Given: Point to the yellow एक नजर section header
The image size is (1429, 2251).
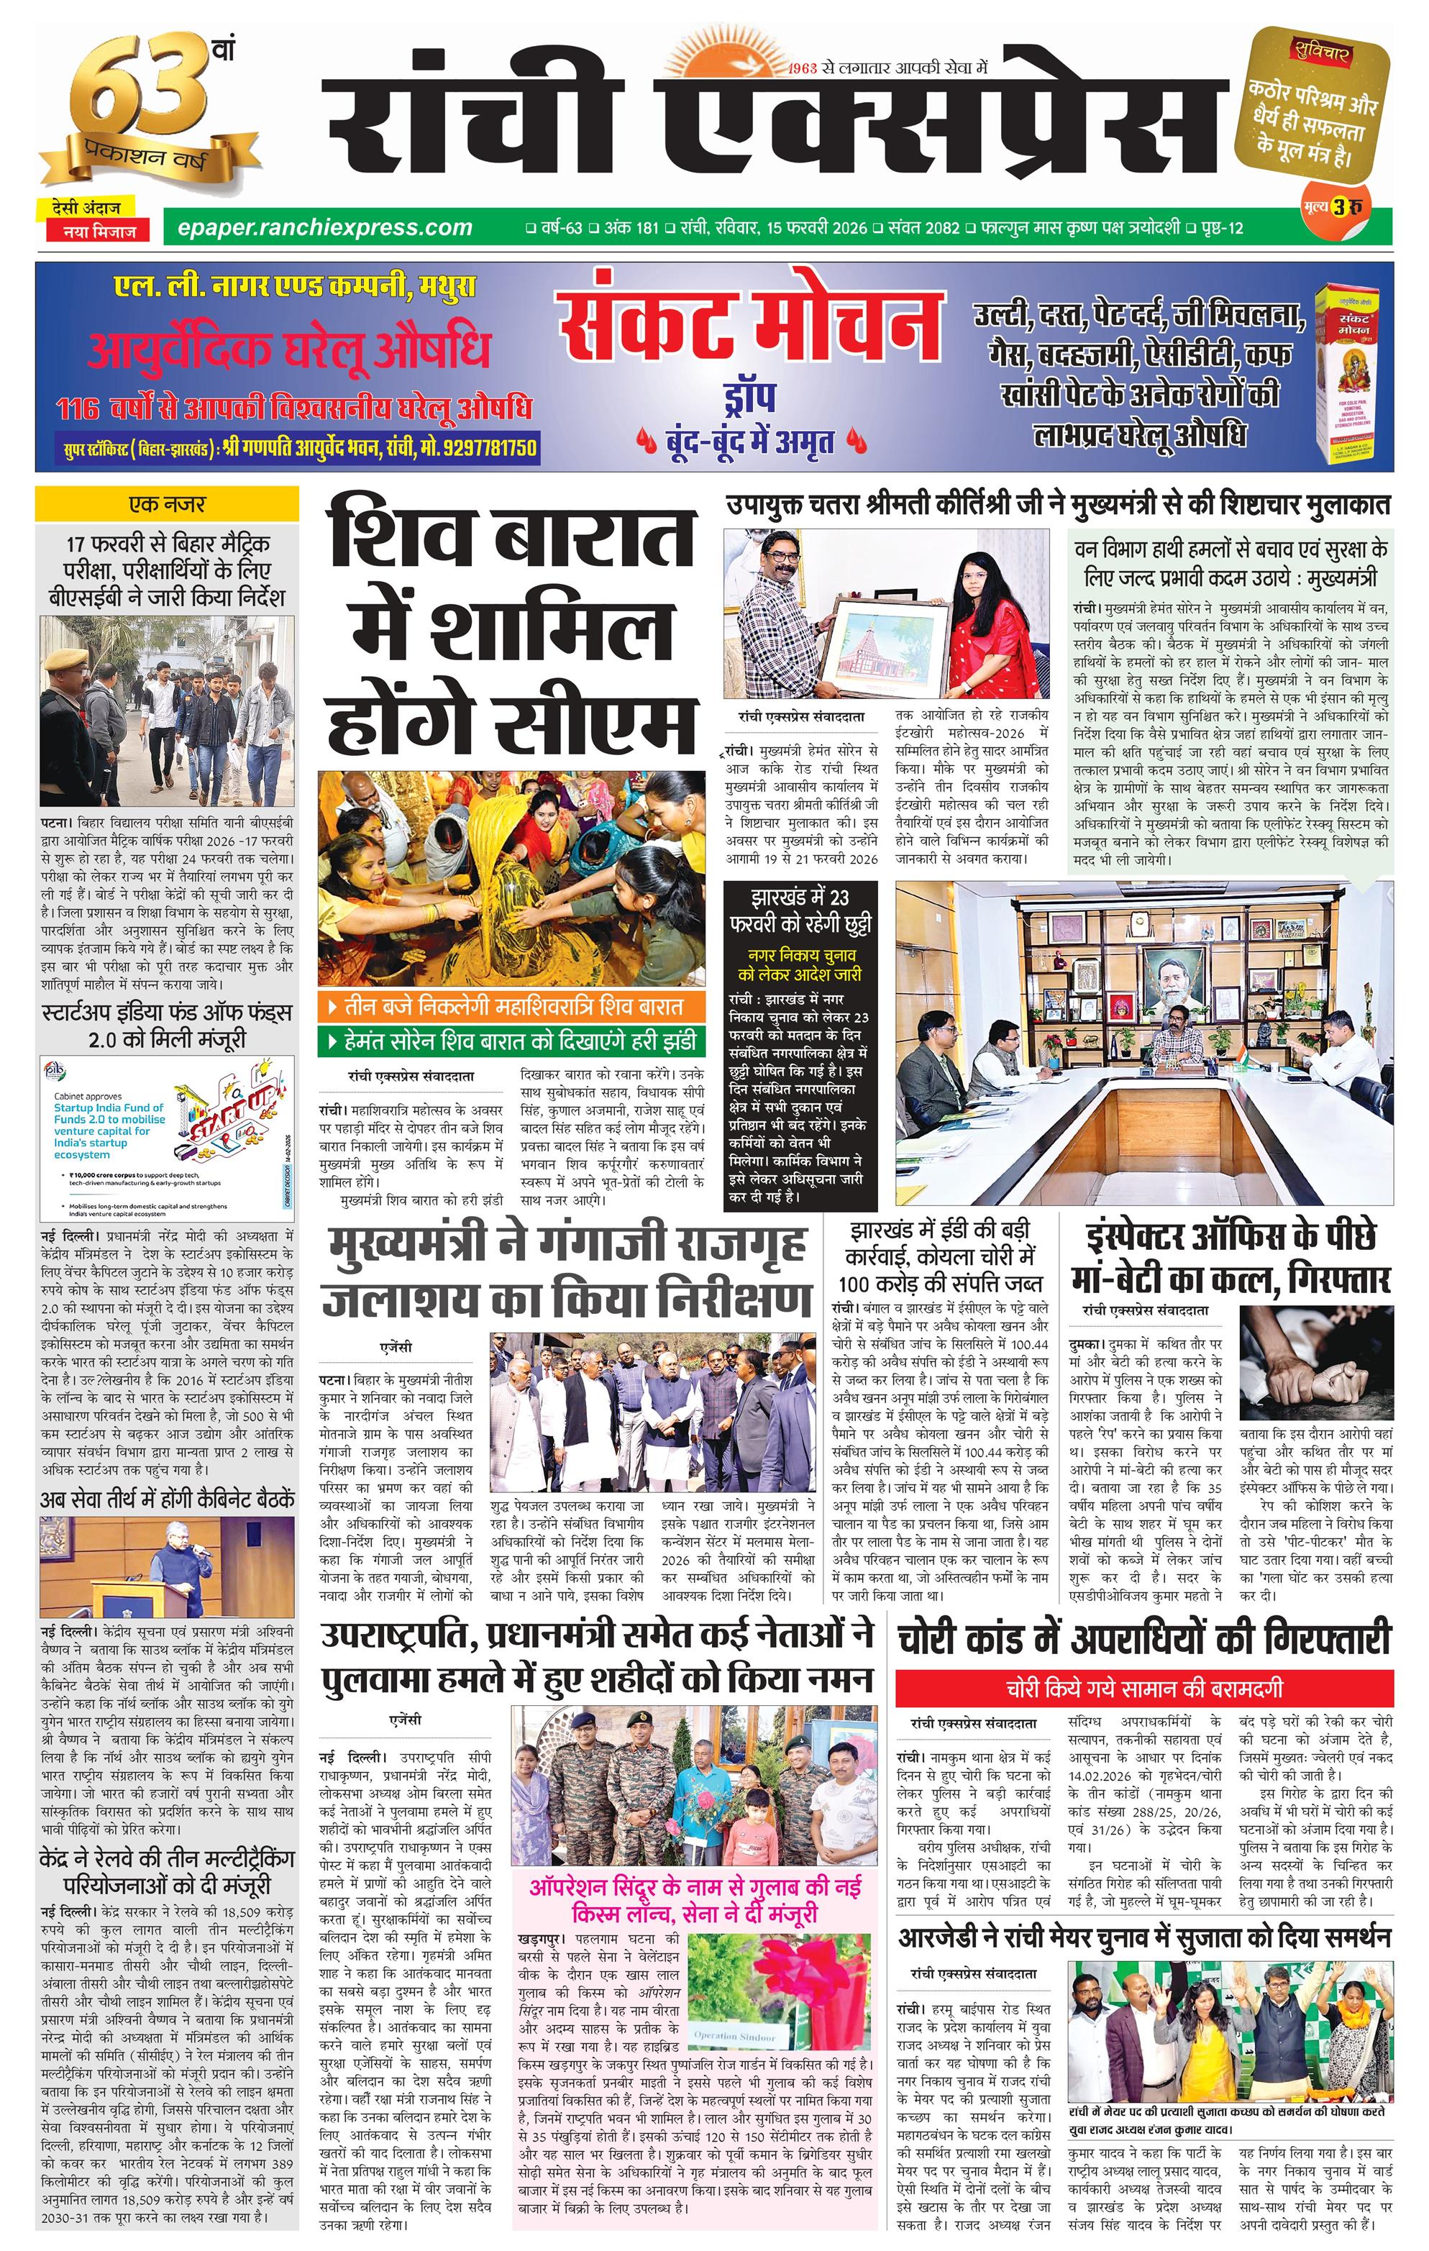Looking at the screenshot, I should [166, 505].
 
